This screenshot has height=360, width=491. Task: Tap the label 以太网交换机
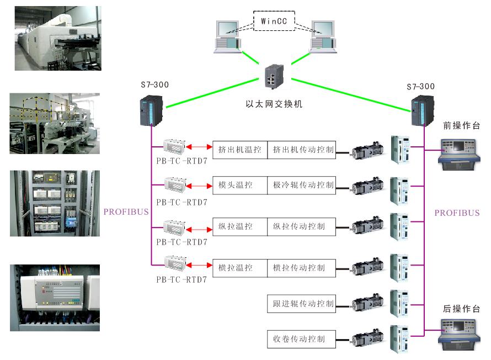click(274, 103)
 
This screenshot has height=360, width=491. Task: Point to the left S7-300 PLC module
click(151, 109)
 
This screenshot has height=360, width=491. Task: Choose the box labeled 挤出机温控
click(241, 150)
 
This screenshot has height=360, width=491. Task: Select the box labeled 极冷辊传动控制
click(302, 185)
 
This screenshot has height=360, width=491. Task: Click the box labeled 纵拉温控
click(241, 226)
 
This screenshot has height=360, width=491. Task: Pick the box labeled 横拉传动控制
click(302, 268)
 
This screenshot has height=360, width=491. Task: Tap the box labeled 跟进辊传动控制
click(302, 303)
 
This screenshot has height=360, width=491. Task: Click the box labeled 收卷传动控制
click(302, 338)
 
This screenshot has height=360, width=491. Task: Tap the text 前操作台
click(461, 126)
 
